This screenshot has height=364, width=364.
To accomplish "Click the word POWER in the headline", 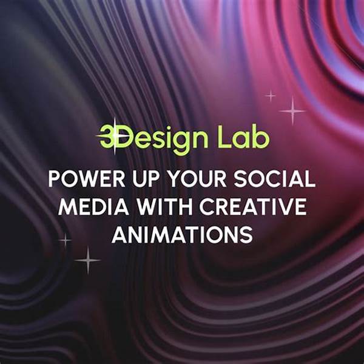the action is click(87, 178).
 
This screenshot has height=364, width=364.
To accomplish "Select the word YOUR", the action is click(197, 178).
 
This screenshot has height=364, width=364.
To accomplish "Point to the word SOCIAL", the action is click(275, 178).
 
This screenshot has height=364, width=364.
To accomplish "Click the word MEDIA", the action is click(93, 207).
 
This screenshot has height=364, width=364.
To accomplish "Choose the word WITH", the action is click(164, 207).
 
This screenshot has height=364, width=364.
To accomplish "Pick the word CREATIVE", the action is click(253, 207).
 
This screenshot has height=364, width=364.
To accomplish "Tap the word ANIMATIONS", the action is click(182, 235).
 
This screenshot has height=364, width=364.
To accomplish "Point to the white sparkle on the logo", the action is click(115, 136).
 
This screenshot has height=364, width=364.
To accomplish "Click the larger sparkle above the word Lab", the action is click(292, 111).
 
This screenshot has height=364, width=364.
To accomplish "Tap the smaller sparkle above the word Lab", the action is click(271, 95).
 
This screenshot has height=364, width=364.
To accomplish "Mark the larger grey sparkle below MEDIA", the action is click(88, 260).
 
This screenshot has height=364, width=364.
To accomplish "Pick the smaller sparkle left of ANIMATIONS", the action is click(66, 240).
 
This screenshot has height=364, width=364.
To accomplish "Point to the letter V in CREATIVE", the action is click(285, 207).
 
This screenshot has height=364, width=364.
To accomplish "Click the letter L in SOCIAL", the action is click(310, 178).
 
